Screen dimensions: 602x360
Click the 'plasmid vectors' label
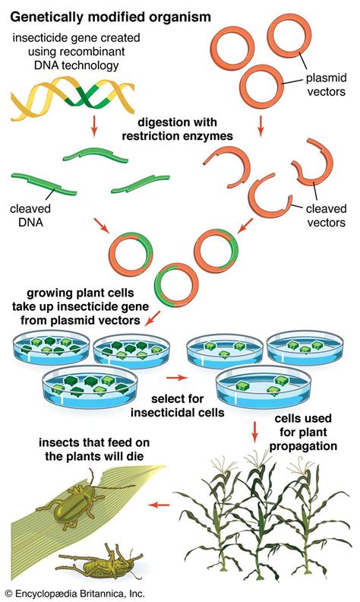click(x=327, y=87)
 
